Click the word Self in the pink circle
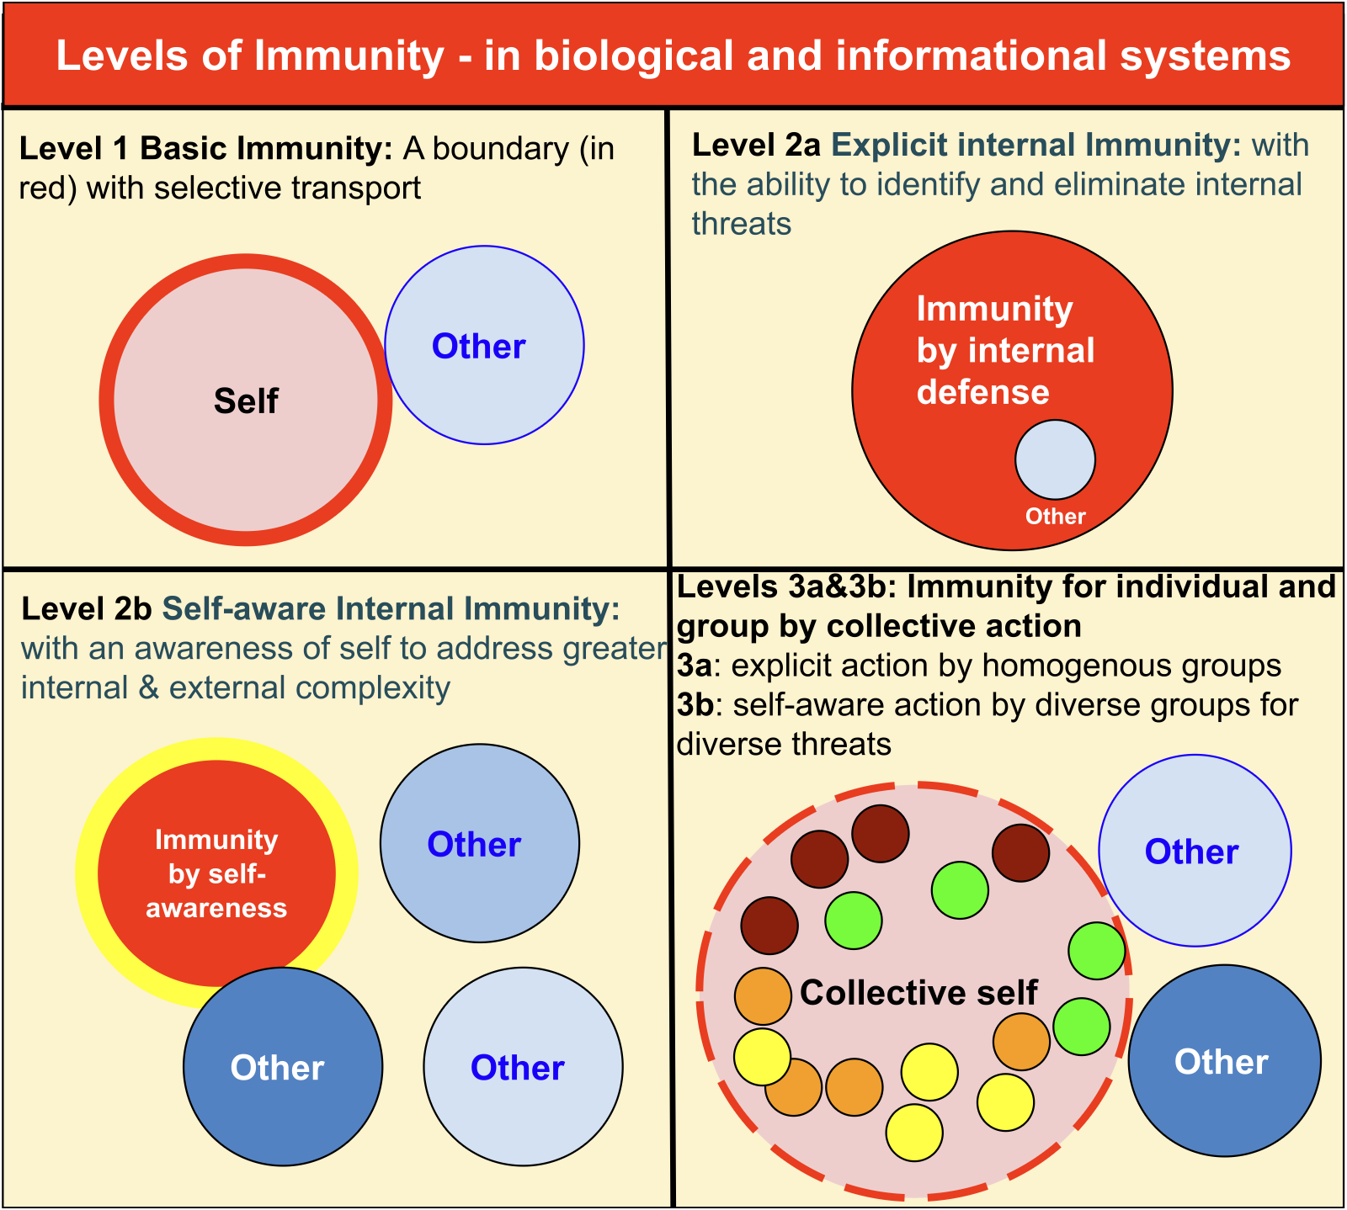click(x=246, y=401)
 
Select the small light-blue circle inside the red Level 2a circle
click(x=1055, y=460)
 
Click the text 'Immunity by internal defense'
click(x=1005, y=351)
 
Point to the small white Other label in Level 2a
click(x=1055, y=517)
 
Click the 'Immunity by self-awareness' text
click(x=216, y=874)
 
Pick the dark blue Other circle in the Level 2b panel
click(x=283, y=1067)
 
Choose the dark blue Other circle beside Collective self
click(x=1224, y=1062)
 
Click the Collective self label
click(x=918, y=993)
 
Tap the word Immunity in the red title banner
click(x=349, y=56)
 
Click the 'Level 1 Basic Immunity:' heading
click(x=205, y=149)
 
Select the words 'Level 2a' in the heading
click(x=756, y=146)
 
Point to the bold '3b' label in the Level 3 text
click(x=695, y=705)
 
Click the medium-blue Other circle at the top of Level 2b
click(x=479, y=843)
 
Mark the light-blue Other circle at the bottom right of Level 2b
click(x=523, y=1067)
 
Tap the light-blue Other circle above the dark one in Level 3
click(x=1194, y=851)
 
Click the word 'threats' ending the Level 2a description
click(x=742, y=225)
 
